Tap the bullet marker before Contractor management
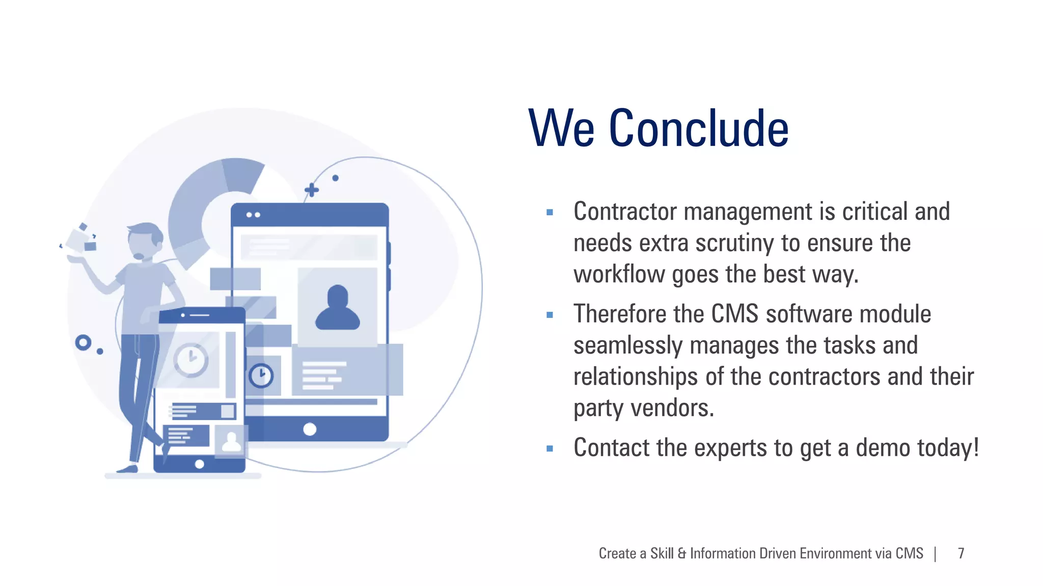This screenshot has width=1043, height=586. [550, 213]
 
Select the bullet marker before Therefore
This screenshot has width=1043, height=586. [550, 315]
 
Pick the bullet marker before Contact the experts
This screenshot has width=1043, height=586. [550, 449]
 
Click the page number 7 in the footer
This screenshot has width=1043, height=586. [961, 553]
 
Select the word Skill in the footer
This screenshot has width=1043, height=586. [662, 553]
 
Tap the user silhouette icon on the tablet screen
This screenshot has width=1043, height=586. [337, 308]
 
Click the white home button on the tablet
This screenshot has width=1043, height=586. [310, 429]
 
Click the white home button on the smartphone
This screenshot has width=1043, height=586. [200, 464]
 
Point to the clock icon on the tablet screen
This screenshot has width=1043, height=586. [261, 376]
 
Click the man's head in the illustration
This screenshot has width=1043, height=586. [145, 241]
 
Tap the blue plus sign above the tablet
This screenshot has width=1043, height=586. [312, 190]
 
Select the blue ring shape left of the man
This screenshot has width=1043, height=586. [83, 342]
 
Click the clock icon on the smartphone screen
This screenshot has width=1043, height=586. [191, 360]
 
